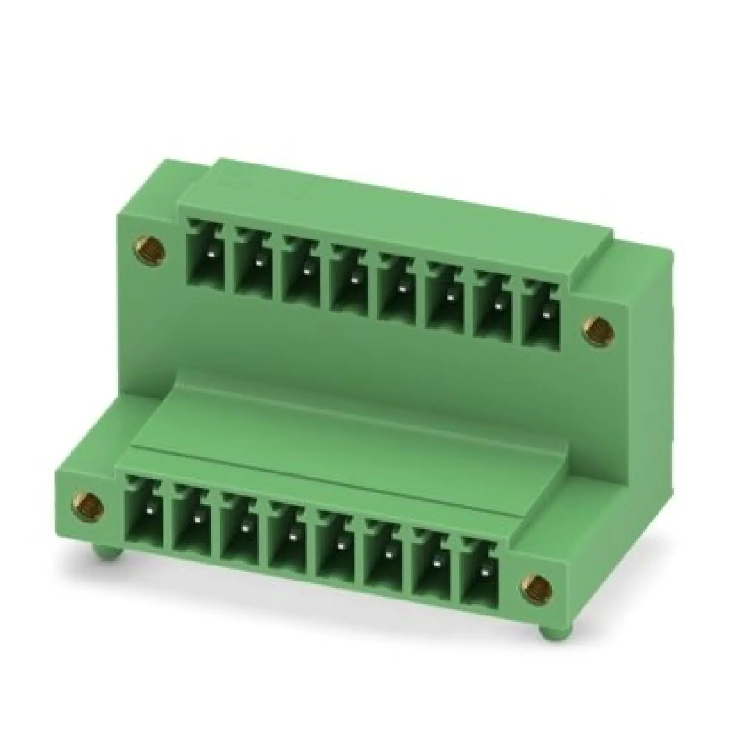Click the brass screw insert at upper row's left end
(150, 250)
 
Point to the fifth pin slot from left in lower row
(335, 549)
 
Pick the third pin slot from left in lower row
(240, 533)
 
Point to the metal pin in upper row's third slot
(307, 271)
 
